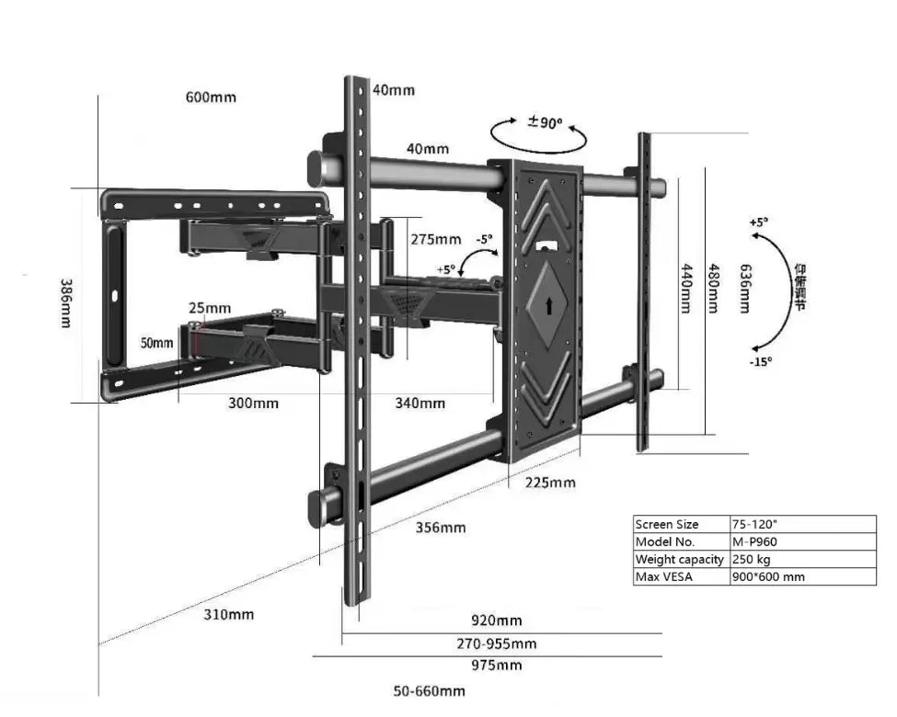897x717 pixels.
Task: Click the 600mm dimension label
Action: (211, 97)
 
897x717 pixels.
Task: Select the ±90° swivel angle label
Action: (545, 122)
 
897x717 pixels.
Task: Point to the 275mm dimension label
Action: (435, 239)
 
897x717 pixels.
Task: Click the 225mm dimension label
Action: (550, 482)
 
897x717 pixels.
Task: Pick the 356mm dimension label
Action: (440, 528)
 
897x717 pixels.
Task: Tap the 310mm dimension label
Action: (228, 614)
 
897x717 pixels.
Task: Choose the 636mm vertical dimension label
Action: (744, 286)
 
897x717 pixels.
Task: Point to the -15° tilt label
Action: (760, 361)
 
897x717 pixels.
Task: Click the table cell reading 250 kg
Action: (753, 559)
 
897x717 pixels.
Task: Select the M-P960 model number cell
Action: (757, 541)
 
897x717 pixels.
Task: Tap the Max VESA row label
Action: (664, 576)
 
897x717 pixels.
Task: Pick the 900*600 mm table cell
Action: (768, 576)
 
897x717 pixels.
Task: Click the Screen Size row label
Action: (667, 524)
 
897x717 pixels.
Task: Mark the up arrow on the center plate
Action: (549, 305)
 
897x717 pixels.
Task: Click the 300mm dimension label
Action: (253, 403)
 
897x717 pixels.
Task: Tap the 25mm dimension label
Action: (211, 307)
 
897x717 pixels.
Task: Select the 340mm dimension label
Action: (420, 403)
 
